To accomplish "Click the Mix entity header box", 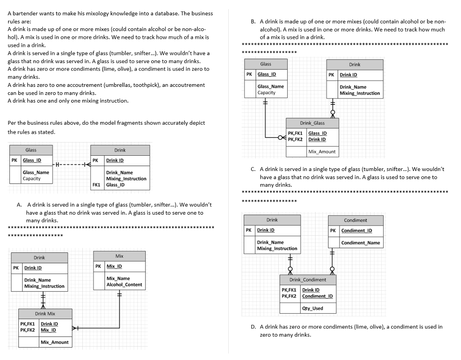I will (119, 256).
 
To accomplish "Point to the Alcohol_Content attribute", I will (124, 285).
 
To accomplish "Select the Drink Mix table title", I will (45, 314).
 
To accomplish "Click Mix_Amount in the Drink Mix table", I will (54, 342).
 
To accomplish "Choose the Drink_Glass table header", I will (312, 123).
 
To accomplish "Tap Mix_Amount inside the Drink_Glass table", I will (322, 152).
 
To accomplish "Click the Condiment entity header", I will (355, 220).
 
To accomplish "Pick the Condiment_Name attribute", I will (360, 243).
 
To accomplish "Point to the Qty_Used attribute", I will (312, 308).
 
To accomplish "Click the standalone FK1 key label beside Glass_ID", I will (96, 184).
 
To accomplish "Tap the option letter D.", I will (254, 327).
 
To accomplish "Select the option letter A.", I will (19, 205).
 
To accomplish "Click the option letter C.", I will (253, 169).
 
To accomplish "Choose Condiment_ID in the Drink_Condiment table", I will (317, 296).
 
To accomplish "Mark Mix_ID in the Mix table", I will (114, 266).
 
